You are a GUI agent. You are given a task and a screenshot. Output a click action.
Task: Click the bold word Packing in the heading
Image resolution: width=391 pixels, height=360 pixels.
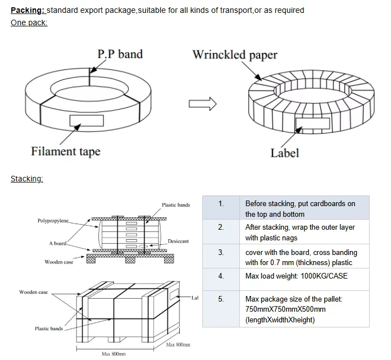[x=27, y=10]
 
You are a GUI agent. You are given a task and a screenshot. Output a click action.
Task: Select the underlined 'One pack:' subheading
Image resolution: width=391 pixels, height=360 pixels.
[x=29, y=22]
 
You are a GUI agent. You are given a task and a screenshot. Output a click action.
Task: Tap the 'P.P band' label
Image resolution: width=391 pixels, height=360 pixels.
[x=120, y=54]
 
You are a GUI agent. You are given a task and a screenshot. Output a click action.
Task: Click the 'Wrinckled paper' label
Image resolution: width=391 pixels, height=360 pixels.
[x=235, y=55]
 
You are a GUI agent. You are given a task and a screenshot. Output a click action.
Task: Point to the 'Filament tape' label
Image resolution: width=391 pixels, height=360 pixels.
[x=65, y=151]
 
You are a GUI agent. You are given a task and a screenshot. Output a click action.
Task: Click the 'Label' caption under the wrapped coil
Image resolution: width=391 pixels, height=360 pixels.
[x=284, y=153]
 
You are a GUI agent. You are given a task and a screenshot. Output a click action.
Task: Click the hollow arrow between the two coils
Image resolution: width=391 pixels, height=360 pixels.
[x=202, y=103]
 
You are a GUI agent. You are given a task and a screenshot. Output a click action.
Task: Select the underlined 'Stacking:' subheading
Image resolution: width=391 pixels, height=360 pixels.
[x=27, y=179]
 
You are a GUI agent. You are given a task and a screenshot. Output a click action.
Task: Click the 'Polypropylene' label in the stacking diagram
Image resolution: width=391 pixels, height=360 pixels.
[x=53, y=221]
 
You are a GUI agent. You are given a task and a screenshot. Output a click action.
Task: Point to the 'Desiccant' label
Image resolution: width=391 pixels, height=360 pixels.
[x=178, y=241]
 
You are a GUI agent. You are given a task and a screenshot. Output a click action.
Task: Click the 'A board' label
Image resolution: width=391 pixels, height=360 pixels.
[x=58, y=243]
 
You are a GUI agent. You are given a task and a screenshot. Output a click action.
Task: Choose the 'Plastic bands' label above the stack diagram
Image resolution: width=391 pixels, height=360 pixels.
[x=176, y=205]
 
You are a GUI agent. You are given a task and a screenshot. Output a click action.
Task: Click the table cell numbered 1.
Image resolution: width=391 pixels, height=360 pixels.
[x=221, y=203]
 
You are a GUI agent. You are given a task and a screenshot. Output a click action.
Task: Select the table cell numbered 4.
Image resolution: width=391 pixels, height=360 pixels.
[x=221, y=276]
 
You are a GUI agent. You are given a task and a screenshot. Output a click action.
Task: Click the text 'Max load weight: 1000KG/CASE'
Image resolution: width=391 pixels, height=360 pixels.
[x=297, y=276]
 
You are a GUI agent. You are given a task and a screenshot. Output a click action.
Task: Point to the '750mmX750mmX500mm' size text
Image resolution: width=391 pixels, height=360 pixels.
[x=285, y=309]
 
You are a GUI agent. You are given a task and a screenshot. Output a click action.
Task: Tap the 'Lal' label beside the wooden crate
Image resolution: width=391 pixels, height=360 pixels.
[x=194, y=298]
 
